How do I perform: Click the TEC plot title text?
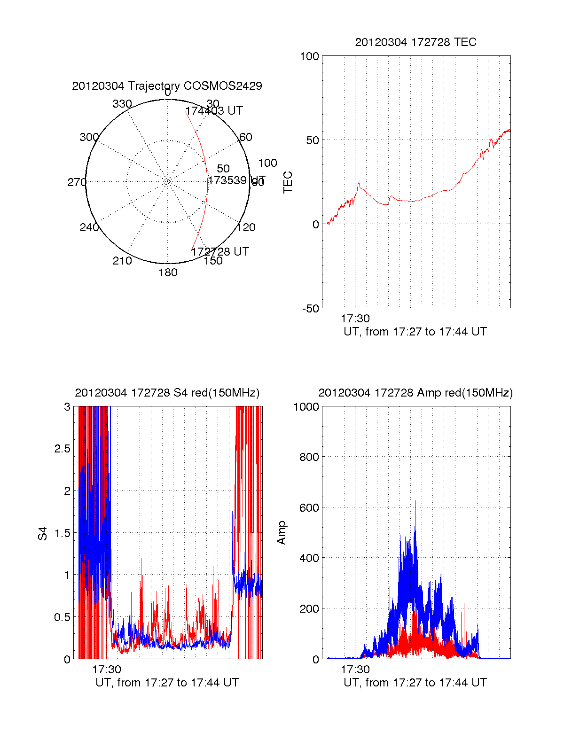point(415,42)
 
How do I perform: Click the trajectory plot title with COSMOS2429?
point(167,86)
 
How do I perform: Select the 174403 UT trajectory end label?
point(214,111)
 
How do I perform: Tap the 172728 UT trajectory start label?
point(220,251)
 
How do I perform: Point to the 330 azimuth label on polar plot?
point(122,104)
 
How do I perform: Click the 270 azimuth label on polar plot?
point(77,182)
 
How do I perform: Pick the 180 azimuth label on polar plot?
point(168,273)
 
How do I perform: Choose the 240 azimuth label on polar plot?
point(89,227)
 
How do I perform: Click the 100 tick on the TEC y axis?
point(309,56)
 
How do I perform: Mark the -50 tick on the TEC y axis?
point(310,309)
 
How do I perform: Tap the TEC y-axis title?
point(288,182)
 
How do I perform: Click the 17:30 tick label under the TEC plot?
point(355,319)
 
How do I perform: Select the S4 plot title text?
point(167,393)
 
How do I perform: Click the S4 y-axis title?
point(43,533)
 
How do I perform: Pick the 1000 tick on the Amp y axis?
point(306,407)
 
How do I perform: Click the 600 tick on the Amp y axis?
point(309,508)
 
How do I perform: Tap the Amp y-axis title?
point(282,533)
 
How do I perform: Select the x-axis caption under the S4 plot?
point(167,683)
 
